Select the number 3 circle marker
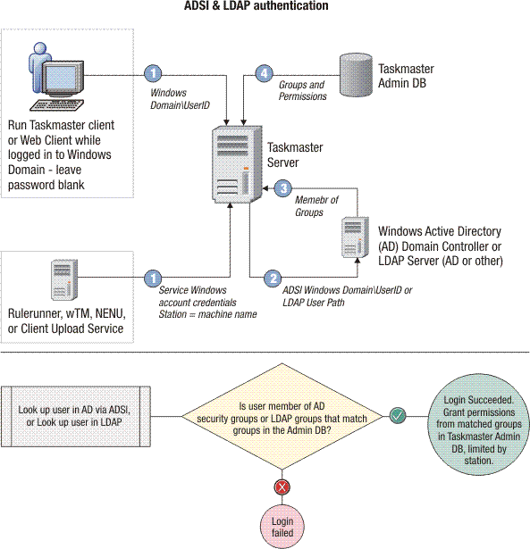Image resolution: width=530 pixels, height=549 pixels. (x=282, y=189)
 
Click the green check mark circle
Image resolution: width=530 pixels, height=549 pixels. (x=398, y=414)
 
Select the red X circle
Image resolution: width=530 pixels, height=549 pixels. (x=283, y=487)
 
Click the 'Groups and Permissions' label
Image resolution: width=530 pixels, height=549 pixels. (x=302, y=91)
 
